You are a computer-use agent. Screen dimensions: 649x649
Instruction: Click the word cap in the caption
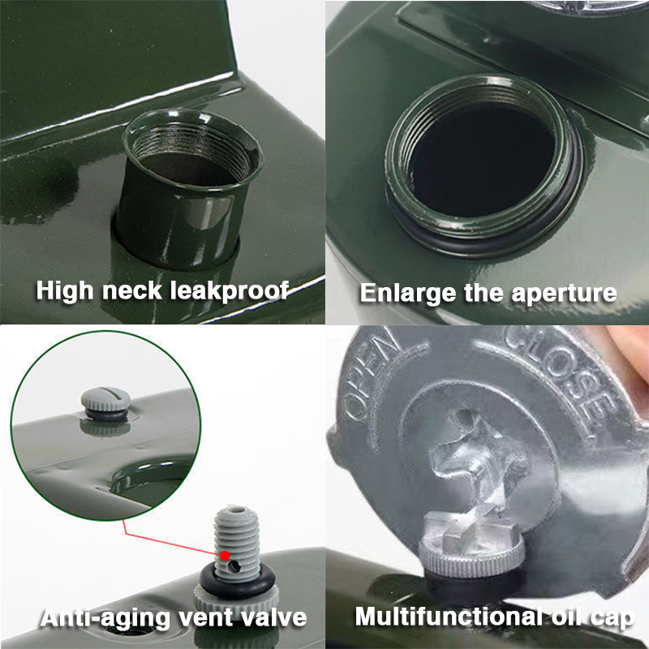(x=613, y=617)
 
